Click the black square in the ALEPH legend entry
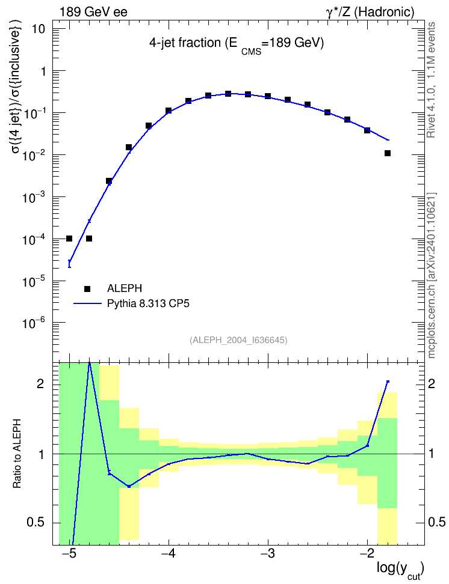[x=87, y=288]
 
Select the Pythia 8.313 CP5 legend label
[x=148, y=303]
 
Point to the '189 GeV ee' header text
[x=93, y=12]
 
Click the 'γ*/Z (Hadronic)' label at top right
[x=370, y=12]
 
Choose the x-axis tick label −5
[x=69, y=553]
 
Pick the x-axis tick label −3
[x=268, y=553]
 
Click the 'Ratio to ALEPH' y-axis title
[x=16, y=454]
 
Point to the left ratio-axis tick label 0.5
[x=36, y=523]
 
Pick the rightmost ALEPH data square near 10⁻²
[x=388, y=153]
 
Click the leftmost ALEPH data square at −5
[x=69, y=239]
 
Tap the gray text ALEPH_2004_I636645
[x=238, y=340]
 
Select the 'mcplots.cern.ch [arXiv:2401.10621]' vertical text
[x=432, y=276]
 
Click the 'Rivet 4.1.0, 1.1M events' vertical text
[x=431, y=80]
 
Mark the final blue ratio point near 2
[x=388, y=382]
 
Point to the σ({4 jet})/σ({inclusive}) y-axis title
[x=17, y=87]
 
